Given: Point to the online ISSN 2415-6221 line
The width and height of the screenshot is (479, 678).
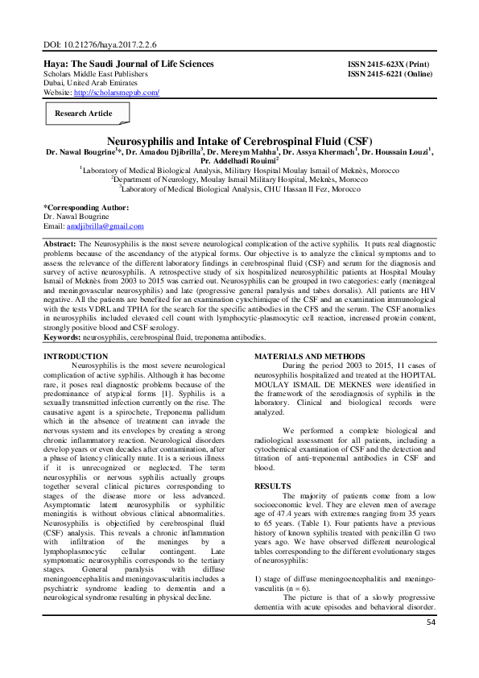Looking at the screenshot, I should point(392,73).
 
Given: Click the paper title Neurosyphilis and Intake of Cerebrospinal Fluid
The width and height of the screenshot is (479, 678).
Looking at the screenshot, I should point(238,139).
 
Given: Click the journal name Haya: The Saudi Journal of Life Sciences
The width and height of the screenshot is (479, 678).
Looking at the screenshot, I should point(128,64).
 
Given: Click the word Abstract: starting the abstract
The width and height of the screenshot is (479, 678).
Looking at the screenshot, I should point(60,242).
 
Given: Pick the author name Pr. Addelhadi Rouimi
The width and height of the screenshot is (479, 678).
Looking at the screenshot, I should point(237,159).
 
